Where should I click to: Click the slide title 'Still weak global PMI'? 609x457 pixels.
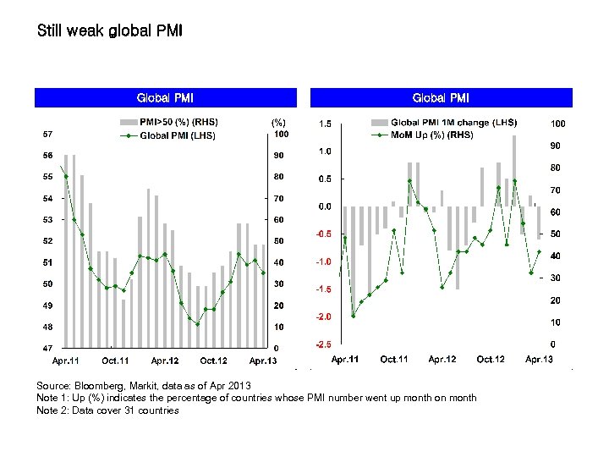coord(110,31)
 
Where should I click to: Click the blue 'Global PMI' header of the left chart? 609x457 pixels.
coord(165,98)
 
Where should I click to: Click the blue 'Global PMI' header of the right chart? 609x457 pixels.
coord(441,98)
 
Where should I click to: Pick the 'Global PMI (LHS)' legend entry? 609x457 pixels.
coord(178,135)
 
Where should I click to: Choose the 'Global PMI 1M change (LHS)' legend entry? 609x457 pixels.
coord(453,122)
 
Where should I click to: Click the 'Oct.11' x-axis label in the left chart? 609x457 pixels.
coord(115,361)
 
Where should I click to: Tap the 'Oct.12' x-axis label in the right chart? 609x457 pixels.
coord(491,360)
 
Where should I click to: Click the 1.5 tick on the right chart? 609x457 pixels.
coord(324,124)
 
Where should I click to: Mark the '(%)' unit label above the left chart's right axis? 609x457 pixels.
coord(278,123)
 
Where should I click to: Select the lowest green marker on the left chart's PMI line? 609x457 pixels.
coord(197,324)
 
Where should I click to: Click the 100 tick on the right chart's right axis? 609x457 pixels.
coord(557,124)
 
